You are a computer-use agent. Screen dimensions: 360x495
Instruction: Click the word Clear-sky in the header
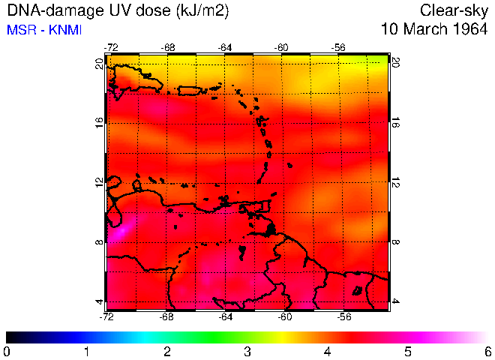pyautogui.click(x=452, y=10)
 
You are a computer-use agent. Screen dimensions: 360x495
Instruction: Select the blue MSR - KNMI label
pyautogui.click(x=44, y=30)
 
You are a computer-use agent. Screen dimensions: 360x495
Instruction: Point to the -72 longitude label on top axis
pyautogui.click(x=112, y=47)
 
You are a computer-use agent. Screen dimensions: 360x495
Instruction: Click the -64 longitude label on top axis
pyautogui.click(x=225, y=47)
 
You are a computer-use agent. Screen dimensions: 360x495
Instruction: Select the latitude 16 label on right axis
pyautogui.click(x=397, y=122)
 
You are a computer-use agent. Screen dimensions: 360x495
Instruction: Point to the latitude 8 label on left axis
pyautogui.click(x=99, y=241)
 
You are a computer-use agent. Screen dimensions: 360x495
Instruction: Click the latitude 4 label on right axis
pyautogui.click(x=397, y=301)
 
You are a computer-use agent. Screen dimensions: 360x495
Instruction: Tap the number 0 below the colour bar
pyautogui.click(x=7, y=350)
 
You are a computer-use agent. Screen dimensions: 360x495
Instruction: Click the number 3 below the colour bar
pyautogui.click(x=247, y=350)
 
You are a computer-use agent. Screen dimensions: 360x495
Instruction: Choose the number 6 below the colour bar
pyautogui.click(x=487, y=350)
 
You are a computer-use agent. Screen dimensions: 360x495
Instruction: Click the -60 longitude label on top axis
pyautogui.click(x=282, y=47)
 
